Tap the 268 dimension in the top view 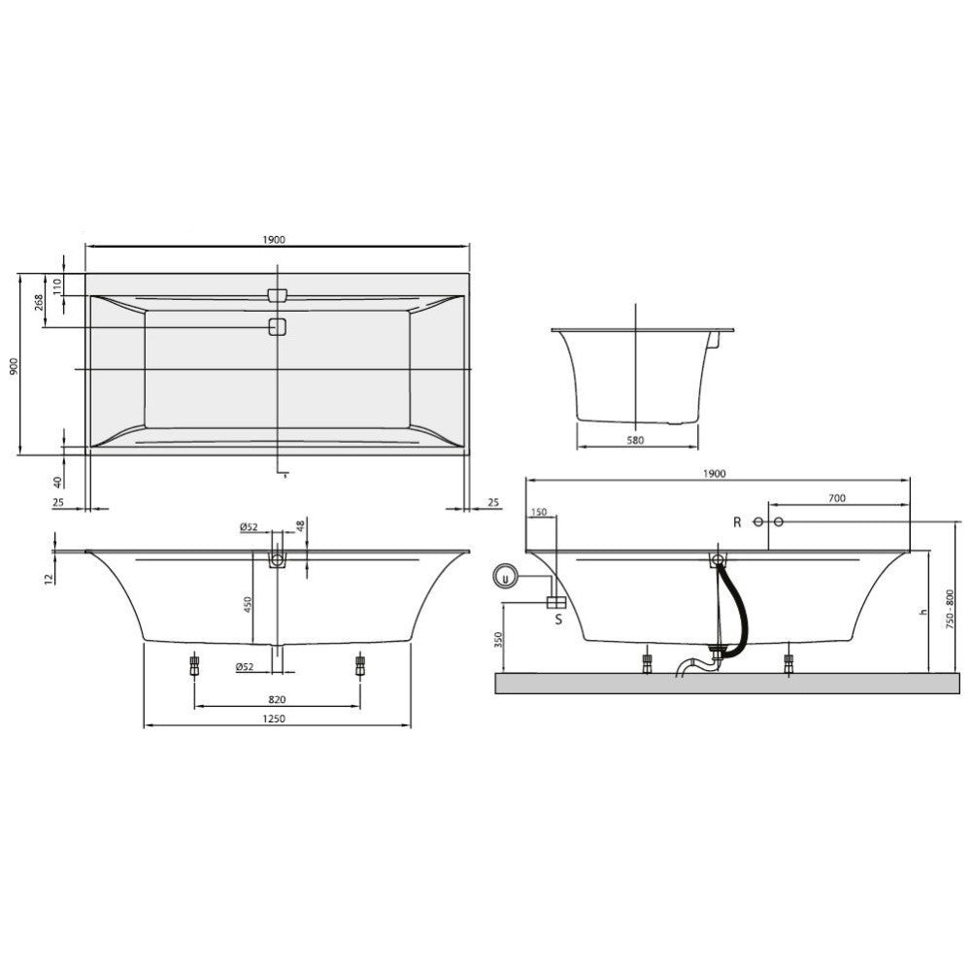[x=39, y=302]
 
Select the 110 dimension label [x=57, y=285]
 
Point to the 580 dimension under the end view [x=635, y=440]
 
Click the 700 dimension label [x=837, y=498]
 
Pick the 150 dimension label [x=539, y=512]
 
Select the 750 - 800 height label [x=951, y=610]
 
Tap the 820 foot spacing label [x=277, y=699]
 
